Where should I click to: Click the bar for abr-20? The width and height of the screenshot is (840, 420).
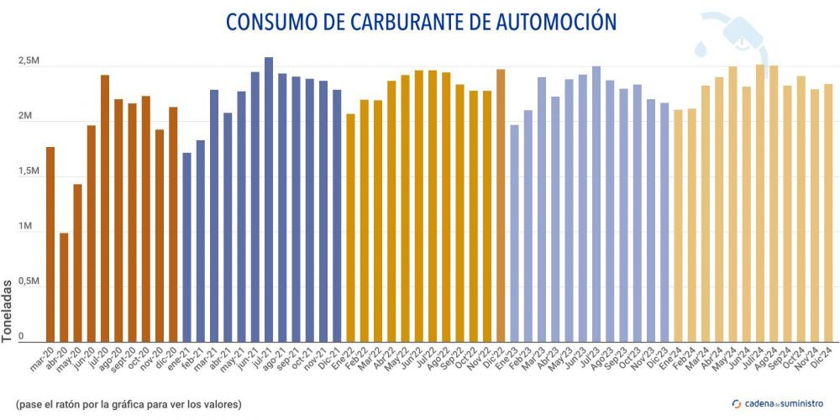click(64, 287)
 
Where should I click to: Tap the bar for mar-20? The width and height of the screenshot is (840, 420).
click(50, 244)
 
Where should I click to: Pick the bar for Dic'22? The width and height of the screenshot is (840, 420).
click(501, 206)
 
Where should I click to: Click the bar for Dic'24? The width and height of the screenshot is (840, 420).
click(828, 213)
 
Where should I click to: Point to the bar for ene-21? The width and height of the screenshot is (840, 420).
click(186, 248)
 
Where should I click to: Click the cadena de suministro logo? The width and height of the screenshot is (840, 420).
click(775, 404)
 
